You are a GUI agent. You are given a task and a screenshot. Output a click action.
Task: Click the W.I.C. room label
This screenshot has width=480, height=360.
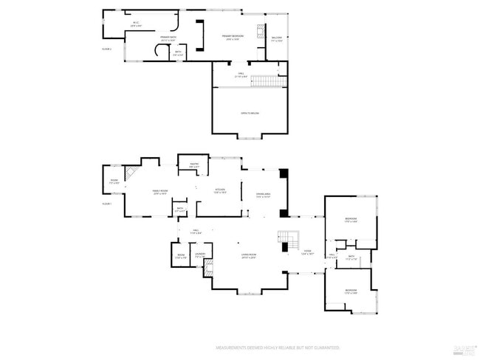(136, 24)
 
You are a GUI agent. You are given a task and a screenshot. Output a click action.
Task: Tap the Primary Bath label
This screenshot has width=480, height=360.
(168, 38)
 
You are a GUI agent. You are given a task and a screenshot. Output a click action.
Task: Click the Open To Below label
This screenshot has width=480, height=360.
(249, 113)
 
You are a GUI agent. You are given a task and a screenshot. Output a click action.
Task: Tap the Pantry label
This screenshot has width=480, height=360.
(193, 165)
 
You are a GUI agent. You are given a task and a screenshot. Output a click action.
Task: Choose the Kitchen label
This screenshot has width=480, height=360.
(220, 190)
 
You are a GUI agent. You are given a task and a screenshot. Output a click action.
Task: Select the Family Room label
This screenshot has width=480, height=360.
(160, 191)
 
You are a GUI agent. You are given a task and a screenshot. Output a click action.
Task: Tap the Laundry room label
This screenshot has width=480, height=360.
(200, 255)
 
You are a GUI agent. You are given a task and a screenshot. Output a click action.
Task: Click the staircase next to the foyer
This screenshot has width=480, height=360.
(288, 240)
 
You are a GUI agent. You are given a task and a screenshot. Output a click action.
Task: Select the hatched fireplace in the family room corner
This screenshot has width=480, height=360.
(131, 174)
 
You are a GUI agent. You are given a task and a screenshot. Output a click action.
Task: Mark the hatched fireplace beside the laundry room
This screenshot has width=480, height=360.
(209, 269)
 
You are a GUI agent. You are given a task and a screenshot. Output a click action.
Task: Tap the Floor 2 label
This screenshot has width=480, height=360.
(106, 49)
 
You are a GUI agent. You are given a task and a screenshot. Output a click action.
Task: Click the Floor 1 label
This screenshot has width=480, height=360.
(106, 203)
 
